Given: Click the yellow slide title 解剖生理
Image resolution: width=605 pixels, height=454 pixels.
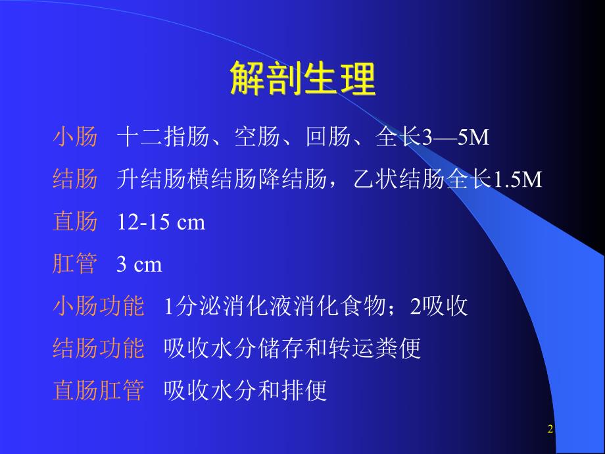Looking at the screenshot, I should coord(302,80).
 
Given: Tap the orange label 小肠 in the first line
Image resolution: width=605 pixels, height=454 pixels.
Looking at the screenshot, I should coord(74,138).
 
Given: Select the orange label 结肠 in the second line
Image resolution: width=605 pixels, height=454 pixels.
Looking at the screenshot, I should coord(74,180).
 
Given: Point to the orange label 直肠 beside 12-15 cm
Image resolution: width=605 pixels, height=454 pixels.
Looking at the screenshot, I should coord(74,222).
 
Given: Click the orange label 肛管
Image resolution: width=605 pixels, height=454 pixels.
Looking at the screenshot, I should coord(74,265).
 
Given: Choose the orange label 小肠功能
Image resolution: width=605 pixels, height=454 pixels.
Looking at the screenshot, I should coord(97,307).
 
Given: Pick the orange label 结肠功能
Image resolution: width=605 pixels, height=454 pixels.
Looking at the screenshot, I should coord(97,349).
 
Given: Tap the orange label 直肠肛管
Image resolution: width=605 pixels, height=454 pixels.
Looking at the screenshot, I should coord(97,391).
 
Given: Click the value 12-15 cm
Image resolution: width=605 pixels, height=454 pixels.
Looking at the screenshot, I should coord(161,222).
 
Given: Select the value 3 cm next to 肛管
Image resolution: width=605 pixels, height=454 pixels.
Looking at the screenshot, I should coord(139,265).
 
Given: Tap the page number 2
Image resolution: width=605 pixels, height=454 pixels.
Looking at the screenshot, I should coord(550,430).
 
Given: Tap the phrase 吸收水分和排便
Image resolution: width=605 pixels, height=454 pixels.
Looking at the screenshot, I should coord(245,391).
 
